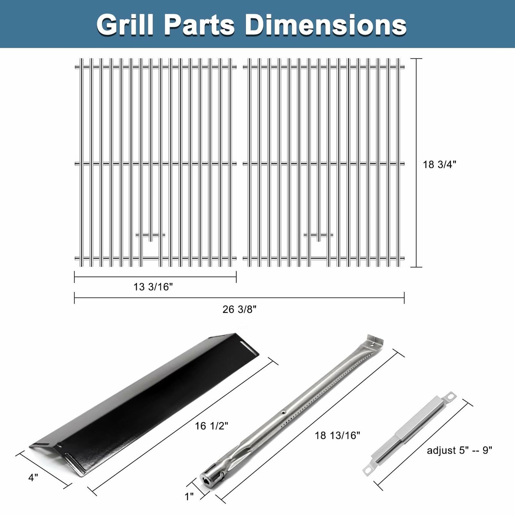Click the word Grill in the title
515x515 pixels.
(125, 25)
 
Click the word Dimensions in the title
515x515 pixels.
(326, 25)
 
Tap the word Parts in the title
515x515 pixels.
(199, 25)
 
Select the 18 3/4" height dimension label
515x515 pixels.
(439, 164)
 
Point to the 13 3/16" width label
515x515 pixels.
(153, 287)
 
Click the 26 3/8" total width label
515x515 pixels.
(239, 309)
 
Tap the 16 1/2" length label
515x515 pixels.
(211, 426)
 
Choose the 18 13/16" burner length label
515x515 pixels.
(337, 435)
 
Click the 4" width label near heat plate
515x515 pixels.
(33, 478)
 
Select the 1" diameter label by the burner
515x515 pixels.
(189, 496)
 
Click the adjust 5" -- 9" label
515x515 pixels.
(459, 450)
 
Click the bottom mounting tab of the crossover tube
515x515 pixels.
(369, 470)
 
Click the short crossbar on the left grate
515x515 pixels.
(150, 235)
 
